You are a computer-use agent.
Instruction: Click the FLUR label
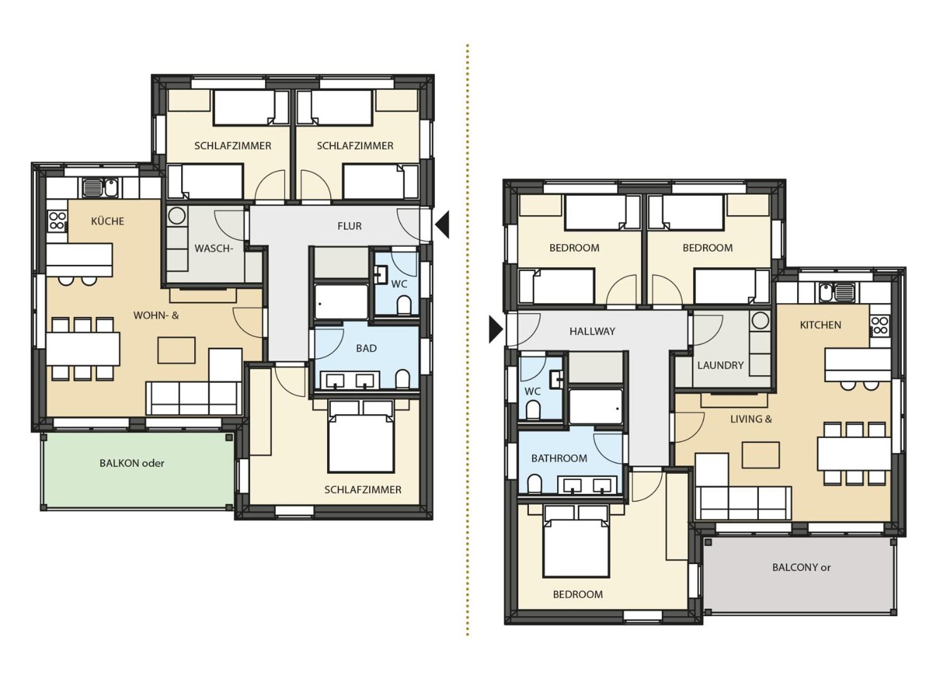tap(349, 226)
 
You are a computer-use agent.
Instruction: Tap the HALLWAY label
tap(592, 331)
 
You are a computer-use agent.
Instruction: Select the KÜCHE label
tap(107, 221)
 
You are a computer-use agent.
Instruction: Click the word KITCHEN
tap(821, 325)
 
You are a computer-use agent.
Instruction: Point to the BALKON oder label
tap(132, 463)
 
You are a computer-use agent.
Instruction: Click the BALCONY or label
tap(801, 567)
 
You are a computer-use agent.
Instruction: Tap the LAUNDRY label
tap(720, 365)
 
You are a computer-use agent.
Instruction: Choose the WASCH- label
tap(213, 248)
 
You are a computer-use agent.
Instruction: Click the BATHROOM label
tap(559, 458)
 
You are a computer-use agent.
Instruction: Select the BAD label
tap(366, 348)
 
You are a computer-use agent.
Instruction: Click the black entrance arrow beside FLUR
tap(442, 224)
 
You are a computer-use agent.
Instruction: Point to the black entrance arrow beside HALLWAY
tap(495, 330)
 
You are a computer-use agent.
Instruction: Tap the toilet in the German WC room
tap(404, 306)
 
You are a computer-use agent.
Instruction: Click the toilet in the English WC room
tap(533, 410)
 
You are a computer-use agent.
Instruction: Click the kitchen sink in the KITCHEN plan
tap(836, 292)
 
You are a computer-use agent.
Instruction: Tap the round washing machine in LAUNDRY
tap(760, 320)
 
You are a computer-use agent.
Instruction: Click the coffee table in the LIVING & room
tap(760, 455)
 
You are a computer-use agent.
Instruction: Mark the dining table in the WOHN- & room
tap(82, 348)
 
